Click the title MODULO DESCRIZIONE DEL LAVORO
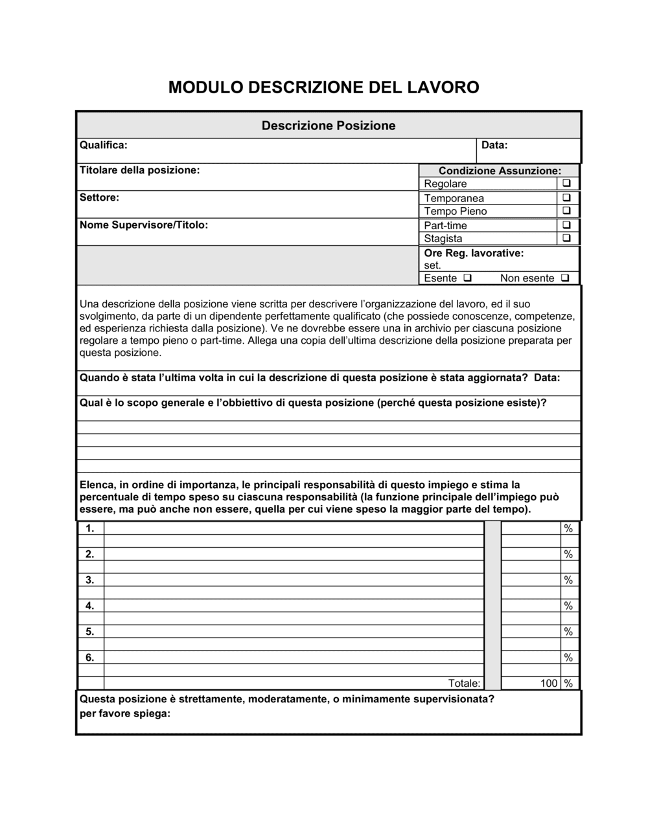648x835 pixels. (323, 87)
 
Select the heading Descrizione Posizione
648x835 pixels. (329, 126)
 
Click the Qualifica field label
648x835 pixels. (103, 145)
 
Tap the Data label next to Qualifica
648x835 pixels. (494, 145)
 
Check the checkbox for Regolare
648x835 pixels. (566, 184)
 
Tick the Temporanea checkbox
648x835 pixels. (566, 197)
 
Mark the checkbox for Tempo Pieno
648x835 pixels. (566, 211)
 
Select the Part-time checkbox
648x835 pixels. (566, 225)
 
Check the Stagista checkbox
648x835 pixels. (566, 238)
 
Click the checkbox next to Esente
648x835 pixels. (467, 278)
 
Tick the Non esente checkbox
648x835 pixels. (565, 278)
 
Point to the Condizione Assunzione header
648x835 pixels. (500, 171)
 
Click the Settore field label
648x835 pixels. (99, 197)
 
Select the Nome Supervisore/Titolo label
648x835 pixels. (143, 225)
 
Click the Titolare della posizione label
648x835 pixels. (139, 170)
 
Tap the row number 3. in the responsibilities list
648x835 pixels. (90, 580)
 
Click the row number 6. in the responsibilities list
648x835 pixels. (90, 658)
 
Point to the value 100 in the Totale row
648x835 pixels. (549, 684)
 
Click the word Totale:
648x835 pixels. (464, 684)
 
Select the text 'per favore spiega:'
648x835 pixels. (124, 714)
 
